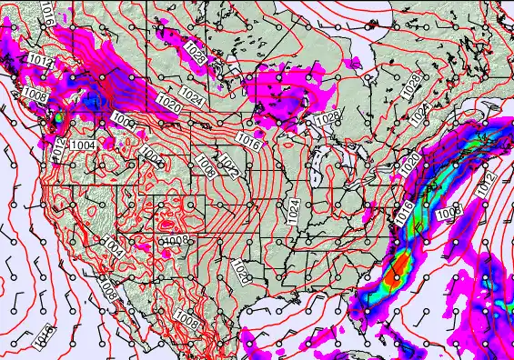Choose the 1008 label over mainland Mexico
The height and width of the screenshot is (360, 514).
point(186,320)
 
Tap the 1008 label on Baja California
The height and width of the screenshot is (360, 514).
point(108,292)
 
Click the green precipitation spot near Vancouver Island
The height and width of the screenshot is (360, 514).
point(58,116)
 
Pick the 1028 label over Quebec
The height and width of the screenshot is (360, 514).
point(412,85)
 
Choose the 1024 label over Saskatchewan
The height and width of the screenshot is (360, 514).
point(190,94)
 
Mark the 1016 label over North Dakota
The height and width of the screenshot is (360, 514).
point(251,141)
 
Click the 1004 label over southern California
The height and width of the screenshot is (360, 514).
point(112,245)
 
